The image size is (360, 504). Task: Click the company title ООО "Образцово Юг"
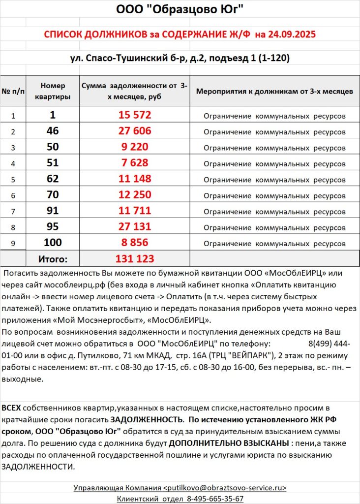(x=180, y=9)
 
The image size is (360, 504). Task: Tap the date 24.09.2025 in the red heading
(x=286, y=34)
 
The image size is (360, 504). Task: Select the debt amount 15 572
(x=135, y=115)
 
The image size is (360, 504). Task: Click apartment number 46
(x=53, y=131)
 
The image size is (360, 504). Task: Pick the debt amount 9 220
(x=135, y=147)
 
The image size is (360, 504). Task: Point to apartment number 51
(x=53, y=162)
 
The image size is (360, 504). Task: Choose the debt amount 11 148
(x=135, y=178)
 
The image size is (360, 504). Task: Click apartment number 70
(x=53, y=194)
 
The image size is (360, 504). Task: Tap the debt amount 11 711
(x=135, y=210)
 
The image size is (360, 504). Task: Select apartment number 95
(x=53, y=226)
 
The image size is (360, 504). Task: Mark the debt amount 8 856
(x=135, y=242)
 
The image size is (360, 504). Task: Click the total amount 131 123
(x=135, y=258)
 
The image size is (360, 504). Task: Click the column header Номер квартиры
(x=53, y=91)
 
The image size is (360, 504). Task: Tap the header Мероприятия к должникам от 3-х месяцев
(x=274, y=92)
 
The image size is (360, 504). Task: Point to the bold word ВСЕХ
(x=11, y=408)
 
